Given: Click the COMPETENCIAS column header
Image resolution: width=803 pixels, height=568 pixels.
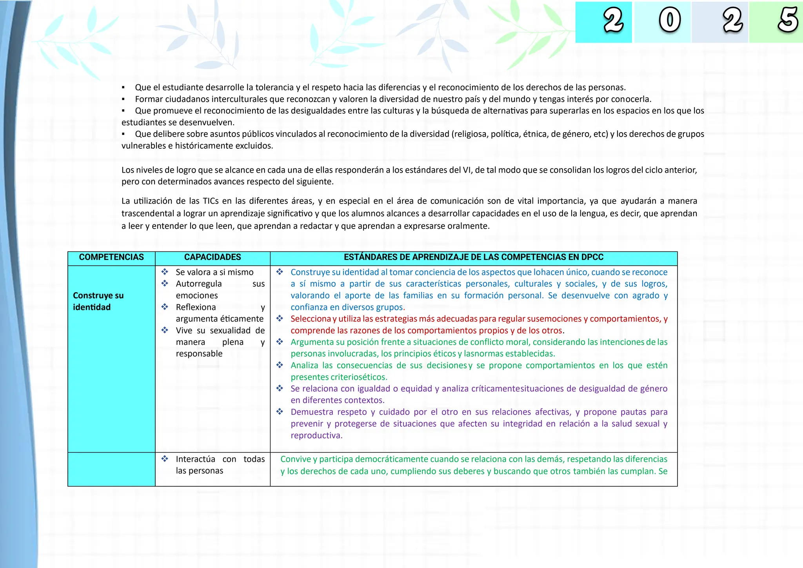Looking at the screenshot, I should [x=111, y=257].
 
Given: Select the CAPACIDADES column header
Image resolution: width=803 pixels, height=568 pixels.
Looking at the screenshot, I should [x=213, y=257].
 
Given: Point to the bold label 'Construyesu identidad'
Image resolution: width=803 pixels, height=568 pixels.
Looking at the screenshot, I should [x=98, y=301].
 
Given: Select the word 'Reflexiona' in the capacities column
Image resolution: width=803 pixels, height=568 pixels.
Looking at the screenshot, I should [x=196, y=307].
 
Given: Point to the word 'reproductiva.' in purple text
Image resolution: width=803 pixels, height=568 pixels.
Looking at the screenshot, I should [x=316, y=435].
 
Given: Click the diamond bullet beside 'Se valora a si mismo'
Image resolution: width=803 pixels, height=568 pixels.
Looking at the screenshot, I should [x=165, y=272].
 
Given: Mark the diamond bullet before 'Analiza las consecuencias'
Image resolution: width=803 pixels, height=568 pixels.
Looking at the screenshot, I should [x=280, y=365].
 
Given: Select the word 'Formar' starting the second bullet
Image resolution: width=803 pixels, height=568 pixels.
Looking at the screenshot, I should [x=148, y=99].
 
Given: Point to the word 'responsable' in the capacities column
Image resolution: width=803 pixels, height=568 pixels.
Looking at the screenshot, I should [x=199, y=354].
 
